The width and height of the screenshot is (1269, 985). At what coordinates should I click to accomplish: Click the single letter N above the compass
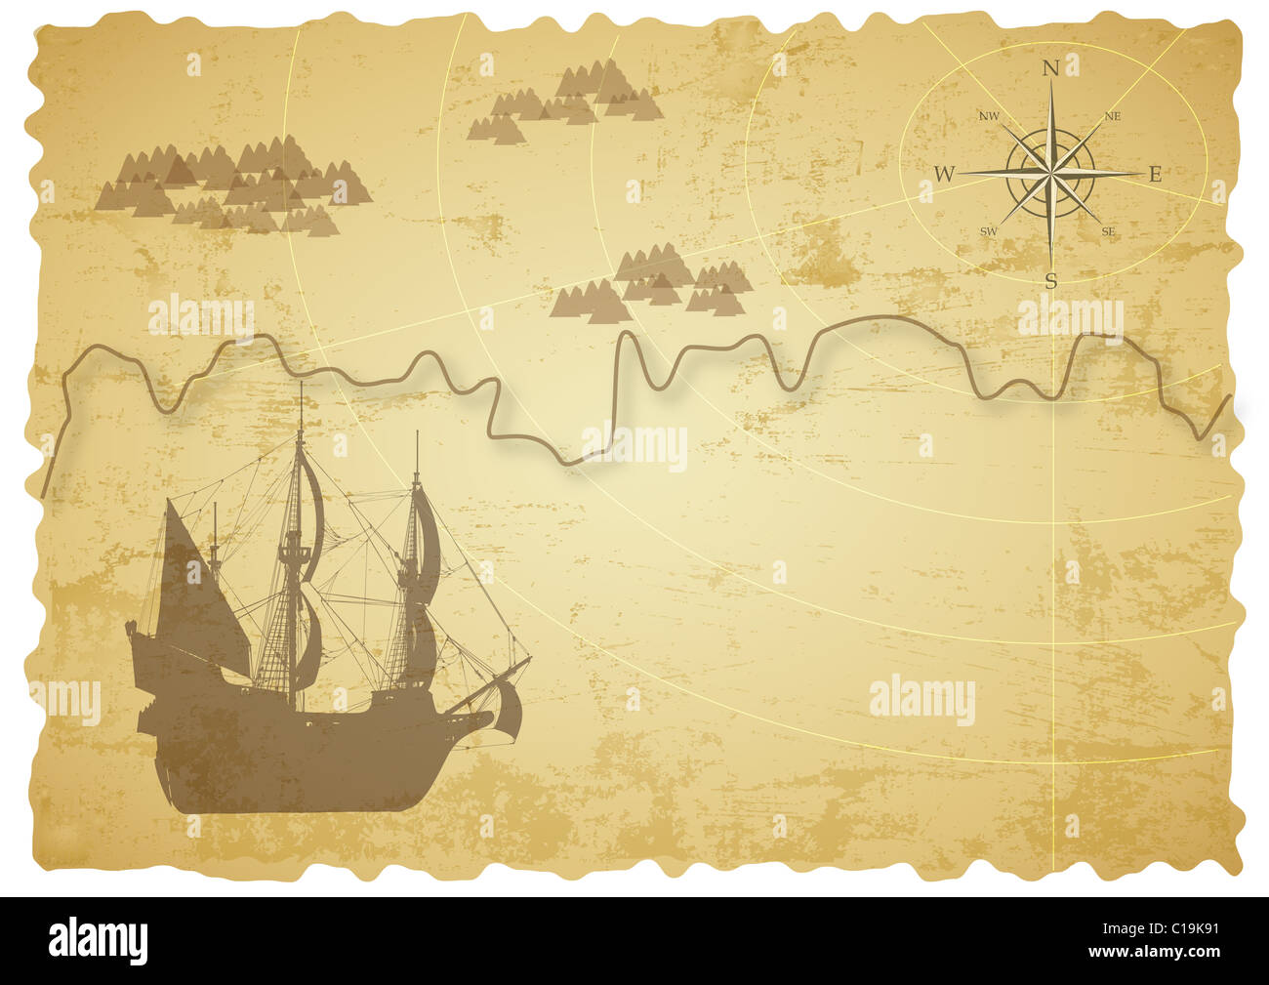(x=1051, y=68)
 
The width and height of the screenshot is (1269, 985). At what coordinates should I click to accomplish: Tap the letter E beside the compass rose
(x=1155, y=175)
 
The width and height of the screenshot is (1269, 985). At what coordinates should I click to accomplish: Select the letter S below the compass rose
(x=1051, y=281)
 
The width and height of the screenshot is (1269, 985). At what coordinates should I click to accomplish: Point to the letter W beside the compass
(x=944, y=175)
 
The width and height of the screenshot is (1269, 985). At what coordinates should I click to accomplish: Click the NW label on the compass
(x=989, y=116)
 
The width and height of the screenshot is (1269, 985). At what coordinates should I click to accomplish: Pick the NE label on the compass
(x=1112, y=116)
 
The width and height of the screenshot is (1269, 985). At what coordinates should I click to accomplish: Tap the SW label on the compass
(x=989, y=232)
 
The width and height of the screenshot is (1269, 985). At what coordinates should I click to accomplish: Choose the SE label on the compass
(x=1109, y=232)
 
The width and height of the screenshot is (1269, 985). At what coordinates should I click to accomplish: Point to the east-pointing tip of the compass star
(x=1136, y=174)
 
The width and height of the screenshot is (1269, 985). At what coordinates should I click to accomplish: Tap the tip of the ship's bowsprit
(x=530, y=659)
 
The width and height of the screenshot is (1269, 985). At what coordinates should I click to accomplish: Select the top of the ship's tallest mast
(x=301, y=386)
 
